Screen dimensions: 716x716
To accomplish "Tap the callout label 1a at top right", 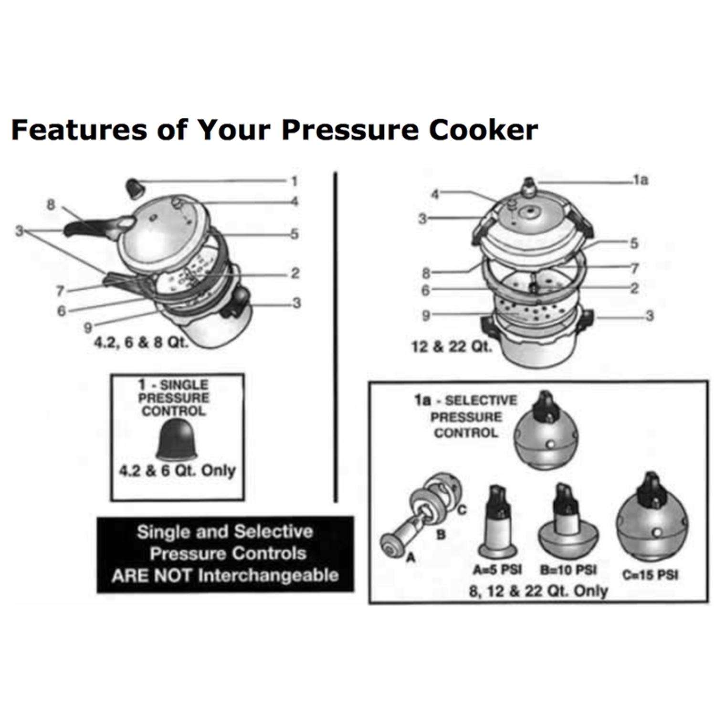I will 641,180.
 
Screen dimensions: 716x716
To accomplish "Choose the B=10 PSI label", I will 568,570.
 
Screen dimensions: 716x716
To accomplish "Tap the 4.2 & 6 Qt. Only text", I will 177,471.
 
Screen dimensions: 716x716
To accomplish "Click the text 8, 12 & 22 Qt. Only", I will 538,591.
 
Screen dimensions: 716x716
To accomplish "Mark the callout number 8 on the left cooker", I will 51,205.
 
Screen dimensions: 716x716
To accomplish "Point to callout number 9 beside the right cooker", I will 426,315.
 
